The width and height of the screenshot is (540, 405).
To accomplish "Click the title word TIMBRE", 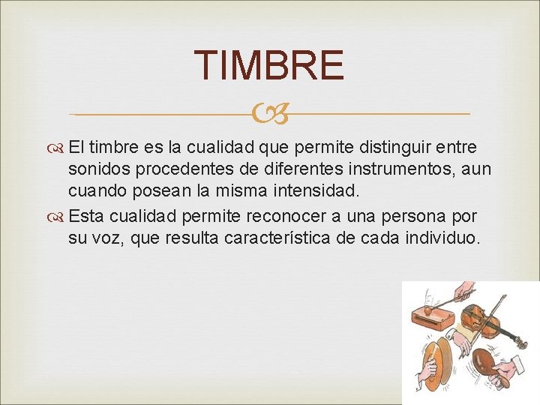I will [269, 65].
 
